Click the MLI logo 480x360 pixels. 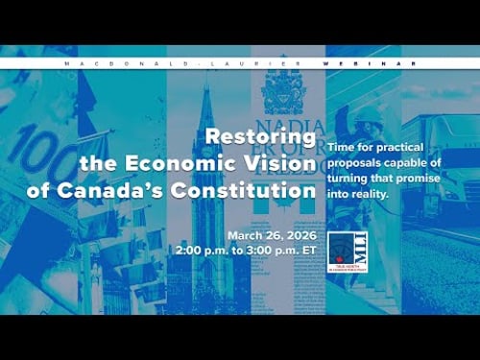(342, 252)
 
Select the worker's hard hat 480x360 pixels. (368, 114)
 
